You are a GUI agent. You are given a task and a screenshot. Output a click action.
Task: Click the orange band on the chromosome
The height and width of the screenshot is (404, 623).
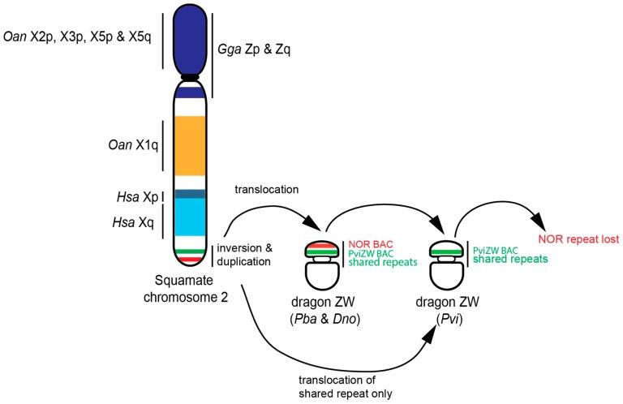(x=190, y=146)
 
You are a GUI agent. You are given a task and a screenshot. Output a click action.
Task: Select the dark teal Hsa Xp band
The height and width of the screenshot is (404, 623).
(x=190, y=194)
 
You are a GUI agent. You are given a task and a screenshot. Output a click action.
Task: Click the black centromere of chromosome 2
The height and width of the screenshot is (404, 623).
(x=190, y=78)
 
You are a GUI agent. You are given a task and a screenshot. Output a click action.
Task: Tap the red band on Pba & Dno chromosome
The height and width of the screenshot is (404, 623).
(x=324, y=245)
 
